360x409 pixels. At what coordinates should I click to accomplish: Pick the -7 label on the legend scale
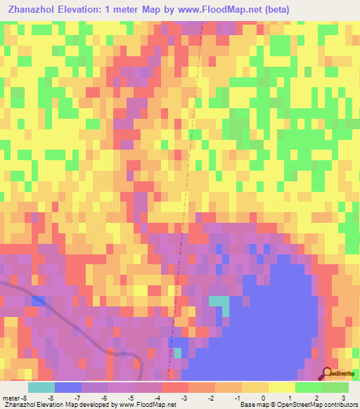click(77, 398)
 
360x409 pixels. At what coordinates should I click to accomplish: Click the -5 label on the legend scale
click(131, 398)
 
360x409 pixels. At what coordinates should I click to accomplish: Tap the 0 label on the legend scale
click(262, 398)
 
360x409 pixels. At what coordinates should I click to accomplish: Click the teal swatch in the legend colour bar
click(41, 387)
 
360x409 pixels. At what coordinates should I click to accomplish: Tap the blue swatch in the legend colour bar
click(68, 387)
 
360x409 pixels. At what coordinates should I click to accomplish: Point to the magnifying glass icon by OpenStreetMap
click(328, 372)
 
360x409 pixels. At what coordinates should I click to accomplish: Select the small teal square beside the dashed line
click(178, 353)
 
